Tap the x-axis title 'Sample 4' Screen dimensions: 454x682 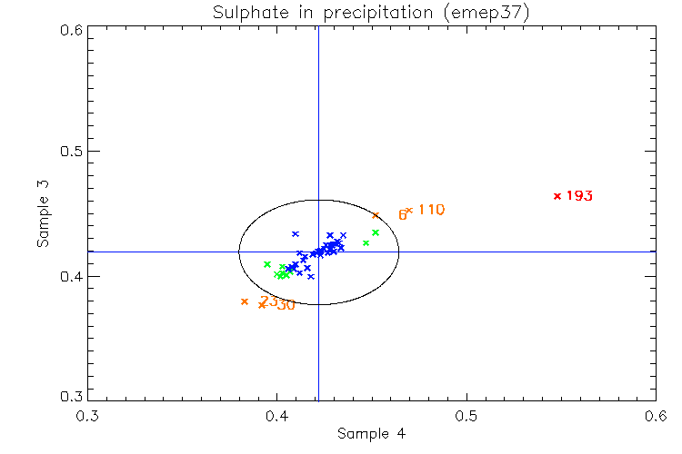[371, 434]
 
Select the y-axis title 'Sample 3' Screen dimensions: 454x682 [43, 214]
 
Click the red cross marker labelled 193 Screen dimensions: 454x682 [557, 196]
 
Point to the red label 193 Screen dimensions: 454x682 [579, 196]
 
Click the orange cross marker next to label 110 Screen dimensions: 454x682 [409, 211]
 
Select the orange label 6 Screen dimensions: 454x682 [402, 215]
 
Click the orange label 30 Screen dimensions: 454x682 [286, 305]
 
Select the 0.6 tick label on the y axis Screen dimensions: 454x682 [72, 29]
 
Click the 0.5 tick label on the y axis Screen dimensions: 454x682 [72, 152]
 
